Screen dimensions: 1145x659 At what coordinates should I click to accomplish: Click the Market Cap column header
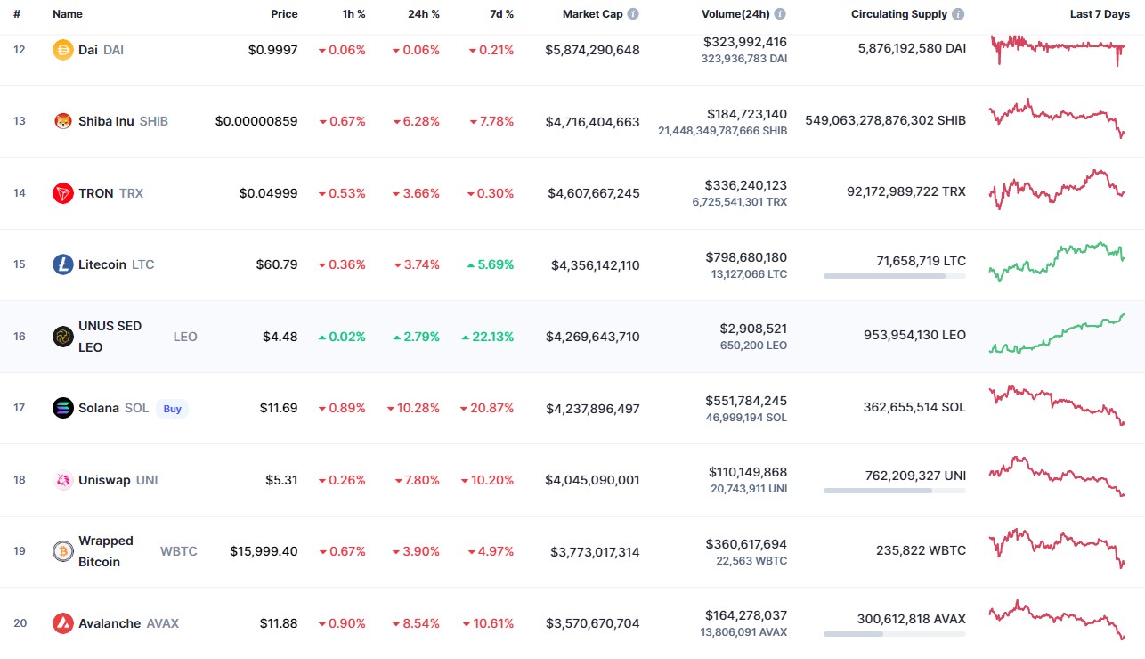592,14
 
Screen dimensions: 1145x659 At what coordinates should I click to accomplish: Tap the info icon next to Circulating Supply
958,14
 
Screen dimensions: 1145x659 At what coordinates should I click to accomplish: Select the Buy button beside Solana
172,409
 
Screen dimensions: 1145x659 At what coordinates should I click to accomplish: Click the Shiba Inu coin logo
63,121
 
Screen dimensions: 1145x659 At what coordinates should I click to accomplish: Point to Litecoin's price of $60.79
277,264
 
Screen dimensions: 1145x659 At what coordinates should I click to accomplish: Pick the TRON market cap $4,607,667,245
594,193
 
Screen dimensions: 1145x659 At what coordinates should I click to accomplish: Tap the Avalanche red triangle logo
63,623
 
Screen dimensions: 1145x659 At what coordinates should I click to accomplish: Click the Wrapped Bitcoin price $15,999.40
264,551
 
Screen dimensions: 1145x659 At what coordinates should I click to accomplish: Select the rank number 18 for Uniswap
20,479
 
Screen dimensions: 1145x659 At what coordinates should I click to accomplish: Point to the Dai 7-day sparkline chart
1057,50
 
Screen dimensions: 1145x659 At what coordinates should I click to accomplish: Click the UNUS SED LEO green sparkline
1057,333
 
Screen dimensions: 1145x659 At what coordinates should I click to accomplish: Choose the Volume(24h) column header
735,14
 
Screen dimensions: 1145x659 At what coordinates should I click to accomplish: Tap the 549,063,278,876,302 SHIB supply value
885,120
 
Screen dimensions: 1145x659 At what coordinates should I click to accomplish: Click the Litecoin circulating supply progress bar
895,276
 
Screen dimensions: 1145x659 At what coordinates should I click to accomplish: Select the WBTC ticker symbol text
178,551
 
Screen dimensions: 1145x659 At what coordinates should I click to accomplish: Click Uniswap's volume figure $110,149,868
748,472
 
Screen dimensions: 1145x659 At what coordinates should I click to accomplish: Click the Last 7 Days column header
1100,14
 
